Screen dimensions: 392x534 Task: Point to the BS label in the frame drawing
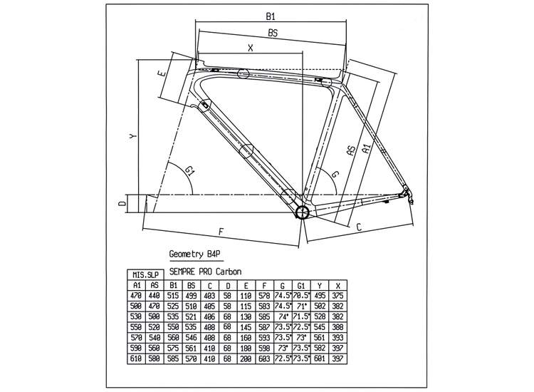coord(272,33)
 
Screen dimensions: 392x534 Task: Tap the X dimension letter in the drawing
coord(250,48)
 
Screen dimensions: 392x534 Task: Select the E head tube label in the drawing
coord(163,74)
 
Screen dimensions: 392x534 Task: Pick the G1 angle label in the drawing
coord(189,171)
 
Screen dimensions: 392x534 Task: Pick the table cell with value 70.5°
coord(301,294)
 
